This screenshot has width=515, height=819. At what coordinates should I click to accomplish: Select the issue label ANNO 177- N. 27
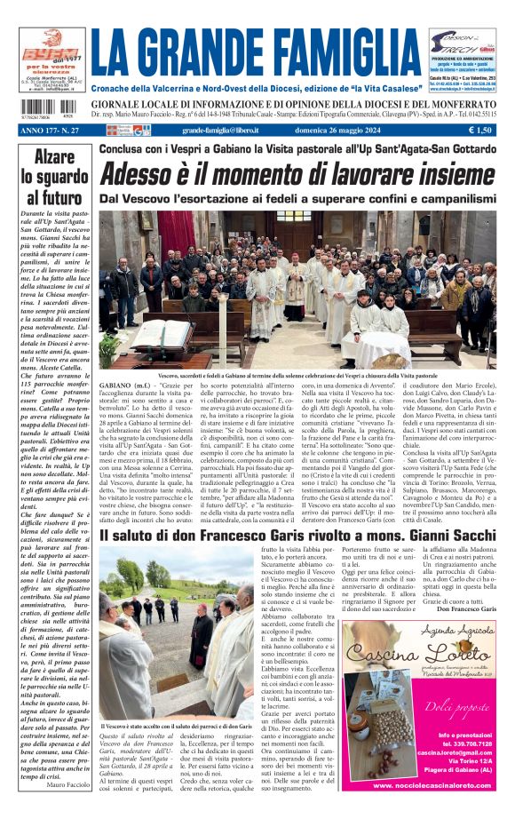(x=48, y=130)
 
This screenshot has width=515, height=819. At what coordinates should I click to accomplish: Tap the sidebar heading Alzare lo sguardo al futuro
(x=50, y=178)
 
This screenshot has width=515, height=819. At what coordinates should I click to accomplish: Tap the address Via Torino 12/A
(x=458, y=761)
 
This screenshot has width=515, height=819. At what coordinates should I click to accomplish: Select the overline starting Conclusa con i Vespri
(x=297, y=149)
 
